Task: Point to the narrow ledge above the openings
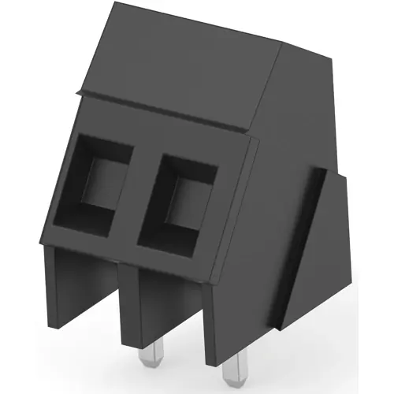point(169,118)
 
